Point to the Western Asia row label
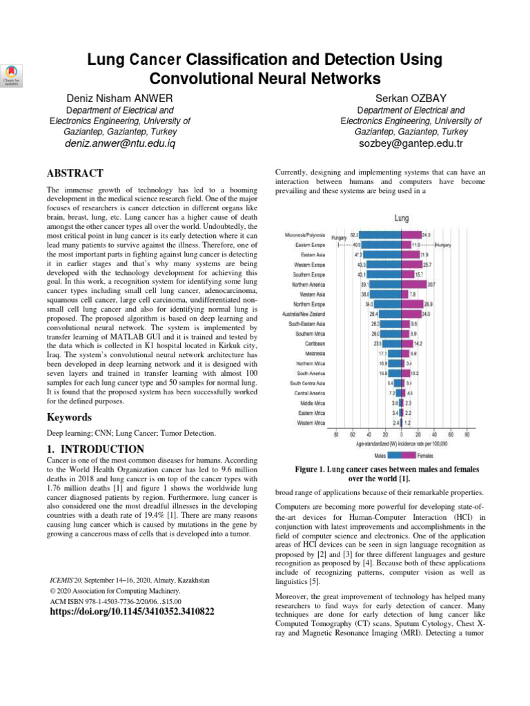310,294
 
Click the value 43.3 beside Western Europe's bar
361,264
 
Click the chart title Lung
401,218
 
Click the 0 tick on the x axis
401,435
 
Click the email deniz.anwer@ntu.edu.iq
120,144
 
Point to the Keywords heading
70,417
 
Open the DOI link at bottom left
132,611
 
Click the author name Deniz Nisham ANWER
119,98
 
